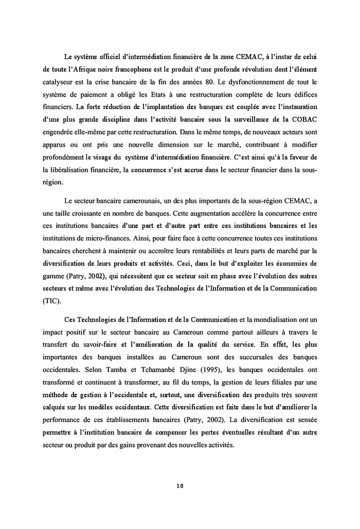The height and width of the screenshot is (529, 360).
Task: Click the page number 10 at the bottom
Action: coord(179,485)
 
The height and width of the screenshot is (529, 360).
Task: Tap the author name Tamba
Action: coord(120,370)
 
